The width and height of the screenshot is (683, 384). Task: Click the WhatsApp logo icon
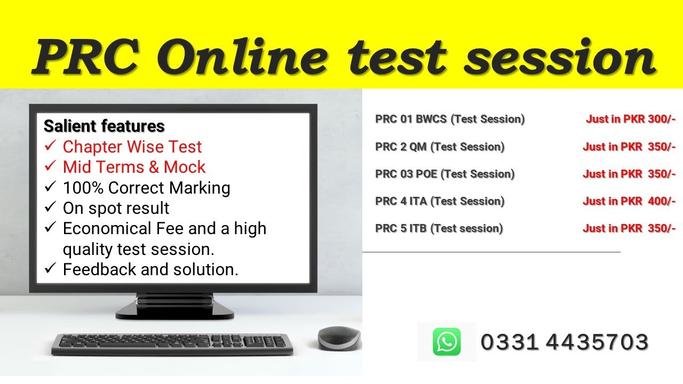(446, 342)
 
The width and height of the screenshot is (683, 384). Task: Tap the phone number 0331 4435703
(565, 342)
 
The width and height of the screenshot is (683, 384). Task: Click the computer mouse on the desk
(338, 338)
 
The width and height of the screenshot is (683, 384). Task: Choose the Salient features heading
(104, 126)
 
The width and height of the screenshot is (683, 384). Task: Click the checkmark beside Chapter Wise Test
(51, 146)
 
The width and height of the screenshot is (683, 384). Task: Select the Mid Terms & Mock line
(133, 167)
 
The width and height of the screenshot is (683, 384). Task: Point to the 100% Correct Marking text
(146, 188)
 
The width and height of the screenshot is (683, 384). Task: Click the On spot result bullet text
(116, 208)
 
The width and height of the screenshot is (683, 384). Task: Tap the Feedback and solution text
(150, 269)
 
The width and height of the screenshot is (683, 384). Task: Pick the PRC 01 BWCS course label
(450, 119)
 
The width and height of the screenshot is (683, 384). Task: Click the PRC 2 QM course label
(440, 147)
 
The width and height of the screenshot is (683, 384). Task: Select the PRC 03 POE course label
(445, 174)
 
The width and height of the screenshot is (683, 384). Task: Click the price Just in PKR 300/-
(631, 119)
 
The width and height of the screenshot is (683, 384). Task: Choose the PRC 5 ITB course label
(439, 228)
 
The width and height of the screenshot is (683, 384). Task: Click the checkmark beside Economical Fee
(51, 228)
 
